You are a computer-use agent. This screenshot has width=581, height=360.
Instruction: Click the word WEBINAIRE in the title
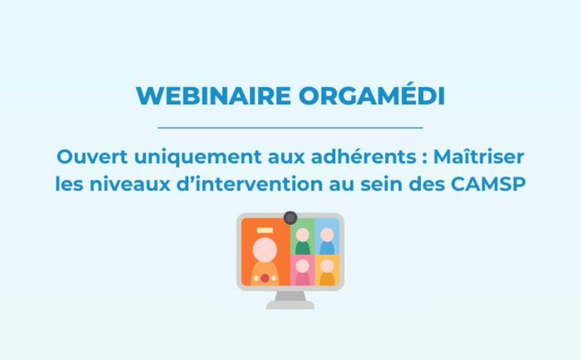tap(214, 96)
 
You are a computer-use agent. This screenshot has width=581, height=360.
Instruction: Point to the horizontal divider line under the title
tap(290, 128)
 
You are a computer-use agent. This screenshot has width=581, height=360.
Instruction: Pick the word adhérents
tap(363, 157)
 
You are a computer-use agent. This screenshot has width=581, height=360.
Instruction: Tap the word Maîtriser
tap(479, 156)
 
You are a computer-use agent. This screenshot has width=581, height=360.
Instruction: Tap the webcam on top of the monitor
tap(290, 218)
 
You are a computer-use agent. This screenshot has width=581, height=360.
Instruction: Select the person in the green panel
tap(302, 241)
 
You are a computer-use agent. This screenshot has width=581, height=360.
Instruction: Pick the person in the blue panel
tap(327, 241)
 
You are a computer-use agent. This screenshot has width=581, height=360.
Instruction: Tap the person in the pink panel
tap(302, 272)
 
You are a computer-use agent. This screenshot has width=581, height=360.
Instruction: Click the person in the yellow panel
tap(327, 272)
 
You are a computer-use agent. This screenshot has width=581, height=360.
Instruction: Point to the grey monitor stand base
tap(290, 305)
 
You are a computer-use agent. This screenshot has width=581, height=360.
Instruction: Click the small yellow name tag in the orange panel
tap(265, 230)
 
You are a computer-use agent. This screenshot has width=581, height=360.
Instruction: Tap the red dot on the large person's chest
tap(265, 278)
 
